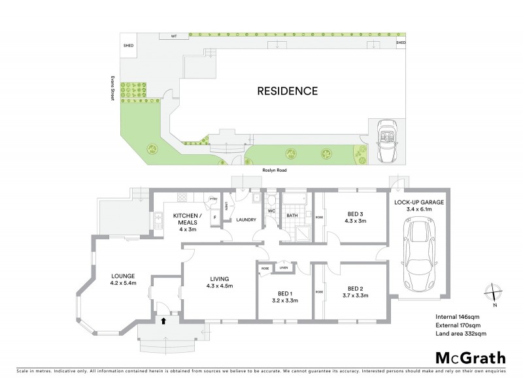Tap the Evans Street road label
112,86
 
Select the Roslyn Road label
265,170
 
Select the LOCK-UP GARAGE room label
419,203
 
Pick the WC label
269,211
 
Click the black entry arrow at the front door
163,320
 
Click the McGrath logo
470,357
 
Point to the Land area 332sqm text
461,334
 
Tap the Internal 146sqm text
458,317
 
